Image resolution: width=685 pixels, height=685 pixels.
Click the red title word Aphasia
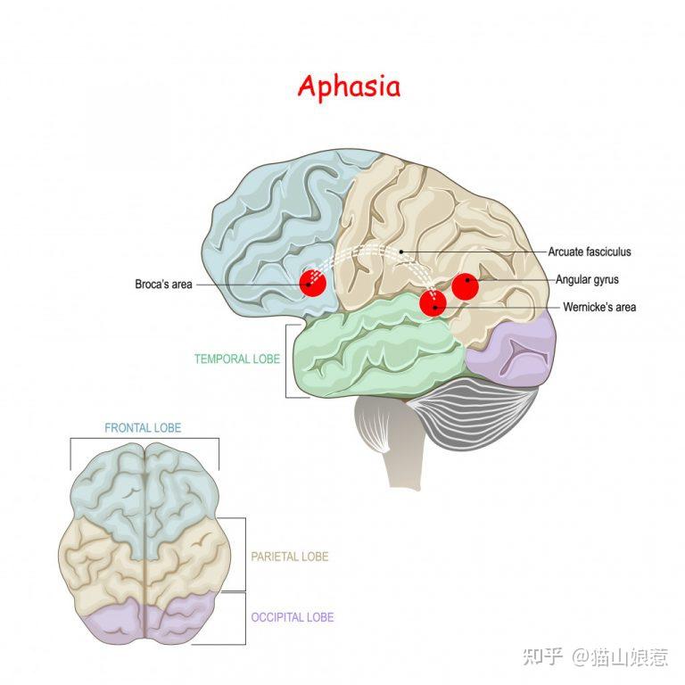349,87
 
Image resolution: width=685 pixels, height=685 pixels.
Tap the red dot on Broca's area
313,283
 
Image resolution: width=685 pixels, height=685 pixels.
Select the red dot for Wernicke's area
433,303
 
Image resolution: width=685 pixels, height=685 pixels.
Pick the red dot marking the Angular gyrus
466,286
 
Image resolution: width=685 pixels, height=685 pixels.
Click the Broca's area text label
163,285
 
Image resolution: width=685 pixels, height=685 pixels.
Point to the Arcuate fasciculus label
590,252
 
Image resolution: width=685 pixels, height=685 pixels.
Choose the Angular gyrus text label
587,279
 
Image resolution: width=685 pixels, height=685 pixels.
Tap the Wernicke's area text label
599,307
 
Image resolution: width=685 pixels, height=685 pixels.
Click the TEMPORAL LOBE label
237,359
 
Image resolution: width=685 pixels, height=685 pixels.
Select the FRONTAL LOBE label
143,428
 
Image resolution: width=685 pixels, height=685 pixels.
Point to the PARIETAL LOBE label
290,557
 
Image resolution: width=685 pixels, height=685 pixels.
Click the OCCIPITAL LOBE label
293,617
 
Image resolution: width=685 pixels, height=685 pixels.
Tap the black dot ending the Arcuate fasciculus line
401,252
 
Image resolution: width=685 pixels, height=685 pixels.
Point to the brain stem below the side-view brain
395,442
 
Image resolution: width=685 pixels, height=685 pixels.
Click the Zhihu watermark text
595,657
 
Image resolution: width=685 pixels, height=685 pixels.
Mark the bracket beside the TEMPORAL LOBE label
286,361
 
